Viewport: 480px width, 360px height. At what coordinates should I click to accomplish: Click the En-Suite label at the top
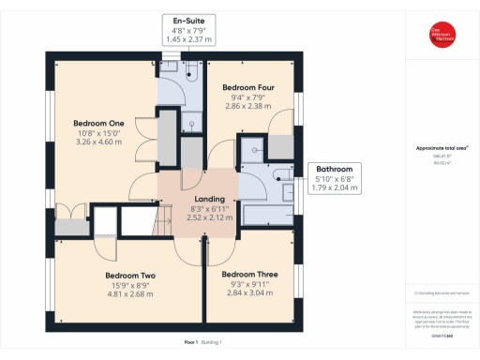pyautogui.click(x=189, y=20)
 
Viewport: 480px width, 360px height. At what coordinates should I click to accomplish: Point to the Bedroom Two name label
pyautogui.click(x=129, y=276)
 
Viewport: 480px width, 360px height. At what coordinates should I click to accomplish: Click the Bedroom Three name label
pyautogui.click(x=251, y=274)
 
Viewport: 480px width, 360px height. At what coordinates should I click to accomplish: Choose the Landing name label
pyautogui.click(x=207, y=199)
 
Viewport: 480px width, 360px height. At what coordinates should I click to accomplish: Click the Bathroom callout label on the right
pyautogui.click(x=335, y=168)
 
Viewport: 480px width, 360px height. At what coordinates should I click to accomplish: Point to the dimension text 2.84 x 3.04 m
pyautogui.click(x=251, y=293)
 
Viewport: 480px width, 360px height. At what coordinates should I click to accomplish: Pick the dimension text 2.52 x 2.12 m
pyautogui.click(x=207, y=218)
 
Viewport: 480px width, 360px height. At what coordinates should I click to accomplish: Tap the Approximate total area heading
pyautogui.click(x=441, y=148)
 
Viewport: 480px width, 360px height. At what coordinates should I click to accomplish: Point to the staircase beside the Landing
pyautogui.click(x=139, y=223)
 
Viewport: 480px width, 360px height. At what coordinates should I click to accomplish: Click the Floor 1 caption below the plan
pyautogui.click(x=192, y=343)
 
